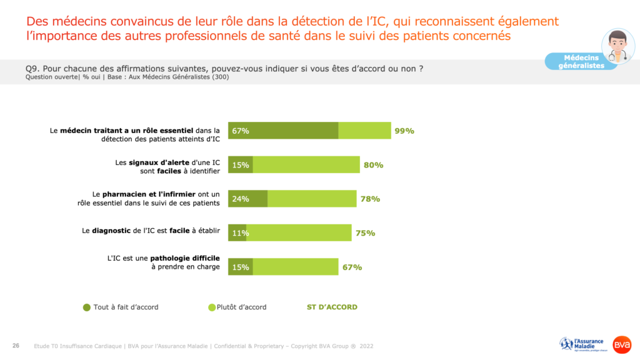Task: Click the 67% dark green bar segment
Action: pos(283,131)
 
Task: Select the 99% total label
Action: pos(404,131)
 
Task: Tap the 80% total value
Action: pos(373,165)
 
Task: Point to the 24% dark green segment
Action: pos(247,199)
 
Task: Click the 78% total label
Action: pos(370,199)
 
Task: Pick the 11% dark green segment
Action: pos(237,233)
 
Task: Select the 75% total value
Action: pos(365,233)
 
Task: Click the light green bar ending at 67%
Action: pos(295,267)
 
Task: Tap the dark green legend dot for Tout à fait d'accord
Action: pos(87,307)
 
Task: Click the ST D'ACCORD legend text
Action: pos(332,307)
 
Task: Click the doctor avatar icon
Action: pos(617,46)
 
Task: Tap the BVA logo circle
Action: pos(622,344)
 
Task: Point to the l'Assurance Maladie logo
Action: pos(582,344)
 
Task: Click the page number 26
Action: pos(16,346)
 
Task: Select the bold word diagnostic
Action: pos(111,230)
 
